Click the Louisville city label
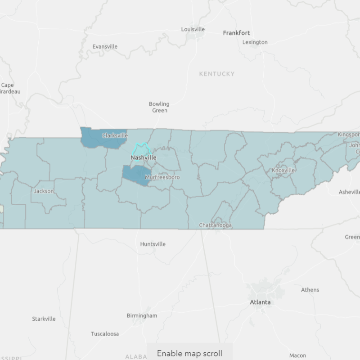pyautogui.click(x=193, y=29)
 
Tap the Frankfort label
pyautogui.click(x=236, y=33)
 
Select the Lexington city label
pyautogui.click(x=255, y=42)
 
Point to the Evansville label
pyautogui.click(x=105, y=46)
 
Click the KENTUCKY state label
pyautogui.click(x=217, y=74)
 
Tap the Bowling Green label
pyautogui.click(x=159, y=107)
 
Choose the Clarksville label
pyautogui.click(x=115, y=135)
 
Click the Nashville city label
pyautogui.click(x=144, y=158)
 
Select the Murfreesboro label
pyautogui.click(x=162, y=177)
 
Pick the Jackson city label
pyautogui.click(x=44, y=191)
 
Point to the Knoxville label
pyautogui.click(x=283, y=170)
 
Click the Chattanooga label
pyautogui.click(x=216, y=225)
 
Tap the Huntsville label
pyautogui.click(x=153, y=244)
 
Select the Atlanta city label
pyautogui.click(x=260, y=302)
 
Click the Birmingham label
pyautogui.click(x=142, y=315)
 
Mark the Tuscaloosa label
pyautogui.click(x=105, y=334)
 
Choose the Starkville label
pyautogui.click(x=44, y=319)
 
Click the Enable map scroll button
pyautogui.click(x=189, y=353)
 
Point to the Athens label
pyautogui.click(x=310, y=290)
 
